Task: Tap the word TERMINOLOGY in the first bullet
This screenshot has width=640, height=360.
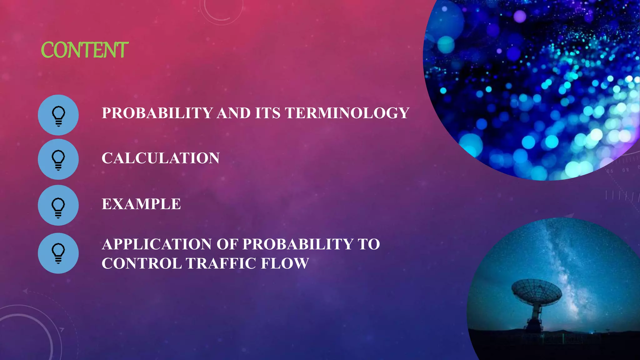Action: pos(347,113)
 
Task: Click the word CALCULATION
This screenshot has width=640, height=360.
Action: pos(161,158)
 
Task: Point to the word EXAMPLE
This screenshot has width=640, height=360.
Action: pos(141,204)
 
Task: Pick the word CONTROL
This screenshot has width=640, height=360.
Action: pos(142,263)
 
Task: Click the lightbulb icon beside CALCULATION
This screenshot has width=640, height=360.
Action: pos(58,159)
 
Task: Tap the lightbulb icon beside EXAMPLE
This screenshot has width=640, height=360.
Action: pos(58,206)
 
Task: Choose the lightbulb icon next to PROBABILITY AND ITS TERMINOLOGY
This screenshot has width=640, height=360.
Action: pos(58,115)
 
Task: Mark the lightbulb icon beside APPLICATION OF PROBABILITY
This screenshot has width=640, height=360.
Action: pos(58,253)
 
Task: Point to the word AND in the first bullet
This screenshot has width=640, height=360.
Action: pos(233,113)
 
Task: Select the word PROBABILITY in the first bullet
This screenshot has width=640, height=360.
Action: pos(157,113)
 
